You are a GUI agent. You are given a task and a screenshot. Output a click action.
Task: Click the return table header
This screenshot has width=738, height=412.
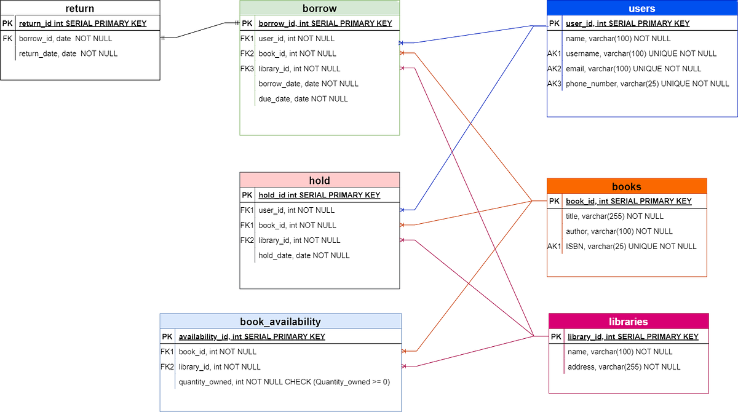click(80, 9)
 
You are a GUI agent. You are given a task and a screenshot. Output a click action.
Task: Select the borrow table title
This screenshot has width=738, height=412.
click(319, 9)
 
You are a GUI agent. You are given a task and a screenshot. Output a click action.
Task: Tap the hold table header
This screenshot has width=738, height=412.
click(319, 180)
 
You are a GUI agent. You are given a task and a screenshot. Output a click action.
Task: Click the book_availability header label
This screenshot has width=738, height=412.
click(280, 321)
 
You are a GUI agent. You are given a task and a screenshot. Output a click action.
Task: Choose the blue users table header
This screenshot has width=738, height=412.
click(641, 9)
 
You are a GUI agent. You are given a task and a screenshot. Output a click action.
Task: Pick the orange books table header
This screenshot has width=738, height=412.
click(627, 186)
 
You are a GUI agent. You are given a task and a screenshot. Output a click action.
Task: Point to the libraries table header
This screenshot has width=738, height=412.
click(628, 322)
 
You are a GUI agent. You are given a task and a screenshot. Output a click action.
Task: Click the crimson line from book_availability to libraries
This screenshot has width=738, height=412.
click(467, 352)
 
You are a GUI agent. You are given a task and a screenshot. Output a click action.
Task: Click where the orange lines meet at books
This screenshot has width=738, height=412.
click(531, 200)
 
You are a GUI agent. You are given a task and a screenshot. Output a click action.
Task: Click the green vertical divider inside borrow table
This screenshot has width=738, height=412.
click(255, 61)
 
